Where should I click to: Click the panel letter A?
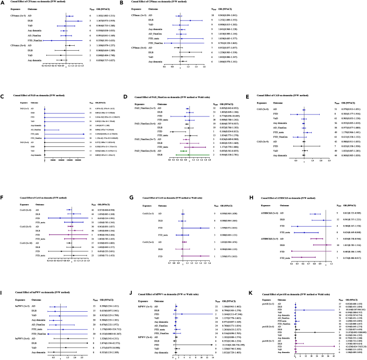point(3,2)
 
